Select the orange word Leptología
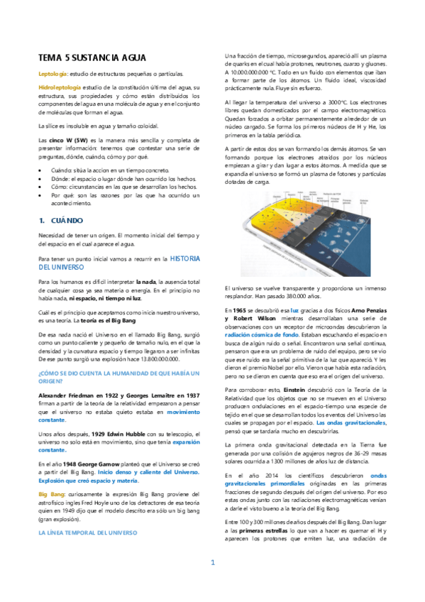[x=53, y=74]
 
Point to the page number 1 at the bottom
[x=212, y=583]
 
